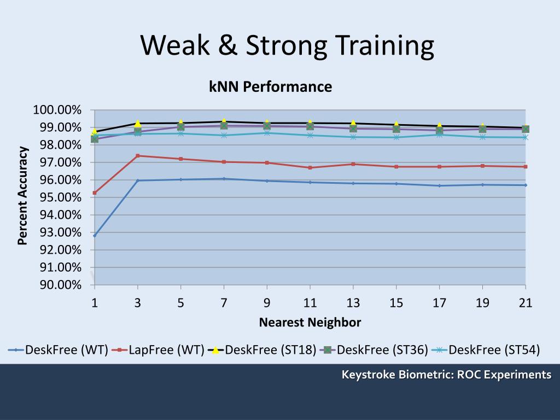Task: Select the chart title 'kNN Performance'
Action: [270, 87]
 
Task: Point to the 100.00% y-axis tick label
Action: [57, 110]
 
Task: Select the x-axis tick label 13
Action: [353, 303]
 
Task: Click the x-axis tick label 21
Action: [525, 303]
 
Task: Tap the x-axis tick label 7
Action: [224, 303]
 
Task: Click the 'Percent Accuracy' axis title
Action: [23, 196]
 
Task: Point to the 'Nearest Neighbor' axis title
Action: [310, 323]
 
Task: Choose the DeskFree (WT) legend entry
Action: [59, 350]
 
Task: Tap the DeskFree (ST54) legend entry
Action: [486, 350]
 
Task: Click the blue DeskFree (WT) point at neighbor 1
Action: [95, 236]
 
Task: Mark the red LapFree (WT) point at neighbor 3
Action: [138, 156]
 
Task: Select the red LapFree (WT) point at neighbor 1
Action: [95, 193]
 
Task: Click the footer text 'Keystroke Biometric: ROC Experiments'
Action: [446, 375]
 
